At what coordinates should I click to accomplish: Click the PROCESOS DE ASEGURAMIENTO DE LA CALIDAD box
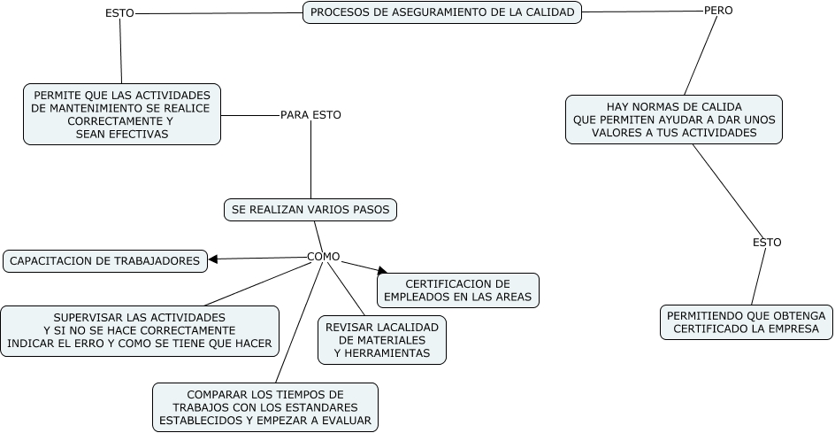click(x=442, y=12)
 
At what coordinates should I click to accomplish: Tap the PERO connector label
click(x=718, y=11)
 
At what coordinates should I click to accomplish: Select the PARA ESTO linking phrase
click(x=310, y=115)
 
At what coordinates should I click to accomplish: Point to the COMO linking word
click(x=323, y=257)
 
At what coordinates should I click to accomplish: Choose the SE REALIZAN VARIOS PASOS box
click(x=310, y=210)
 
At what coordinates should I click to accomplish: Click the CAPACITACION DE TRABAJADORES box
click(x=105, y=260)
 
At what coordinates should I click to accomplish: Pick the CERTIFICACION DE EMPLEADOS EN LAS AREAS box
click(x=457, y=290)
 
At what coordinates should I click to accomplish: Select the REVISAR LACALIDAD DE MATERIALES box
click(x=382, y=340)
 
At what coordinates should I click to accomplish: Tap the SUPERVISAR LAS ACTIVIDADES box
click(x=139, y=330)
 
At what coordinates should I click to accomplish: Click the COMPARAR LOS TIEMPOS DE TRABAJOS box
click(x=265, y=407)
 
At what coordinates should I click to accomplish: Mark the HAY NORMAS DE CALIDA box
click(x=674, y=120)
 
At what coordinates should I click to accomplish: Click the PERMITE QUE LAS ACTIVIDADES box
click(x=121, y=114)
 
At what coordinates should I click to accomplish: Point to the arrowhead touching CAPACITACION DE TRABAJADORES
click(x=213, y=259)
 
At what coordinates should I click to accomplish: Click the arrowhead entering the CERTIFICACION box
click(x=382, y=270)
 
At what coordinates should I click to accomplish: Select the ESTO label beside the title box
click(x=119, y=14)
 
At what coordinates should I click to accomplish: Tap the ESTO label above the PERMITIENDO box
click(x=767, y=243)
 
